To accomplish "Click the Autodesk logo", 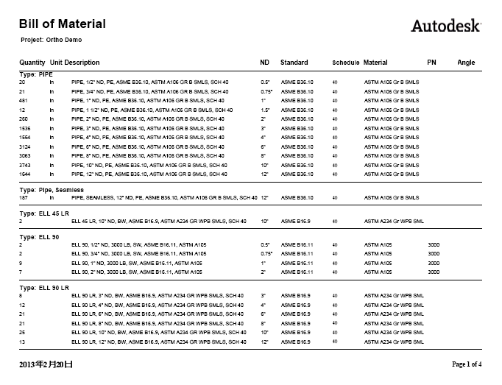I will pos(445,26).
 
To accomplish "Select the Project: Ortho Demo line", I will pos(52,39).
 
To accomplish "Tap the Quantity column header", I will pos(32,63).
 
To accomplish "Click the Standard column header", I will pos(294,63).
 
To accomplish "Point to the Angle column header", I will pos(466,63).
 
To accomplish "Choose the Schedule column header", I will pos(346,63).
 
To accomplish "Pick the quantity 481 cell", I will pos(24,100).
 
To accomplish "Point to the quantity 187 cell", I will pos(24,198).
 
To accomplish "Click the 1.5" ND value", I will pos(266,110).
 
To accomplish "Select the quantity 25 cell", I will pos(22,333).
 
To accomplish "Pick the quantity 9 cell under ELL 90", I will pos(21,263).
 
